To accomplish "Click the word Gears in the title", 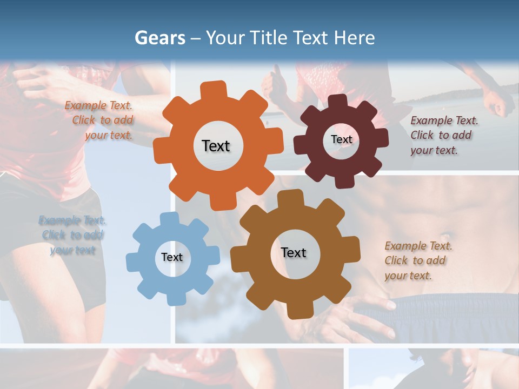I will coord(160,38).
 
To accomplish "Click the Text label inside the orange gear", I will coord(216,146).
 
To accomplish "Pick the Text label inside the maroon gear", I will coord(341,139).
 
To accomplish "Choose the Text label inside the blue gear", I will coord(172,257).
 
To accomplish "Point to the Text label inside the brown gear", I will coord(294,252).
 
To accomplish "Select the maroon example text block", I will coord(443,136).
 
